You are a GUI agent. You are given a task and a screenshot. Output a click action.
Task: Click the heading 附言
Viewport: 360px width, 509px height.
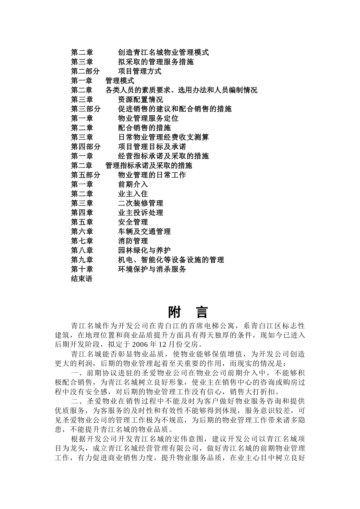click(188, 312)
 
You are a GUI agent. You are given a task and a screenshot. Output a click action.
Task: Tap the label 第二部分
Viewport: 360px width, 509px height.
click(86, 71)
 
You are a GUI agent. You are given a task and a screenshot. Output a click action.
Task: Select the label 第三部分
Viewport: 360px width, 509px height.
click(86, 109)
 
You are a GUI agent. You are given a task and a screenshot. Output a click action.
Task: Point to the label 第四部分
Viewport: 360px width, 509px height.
click(86, 147)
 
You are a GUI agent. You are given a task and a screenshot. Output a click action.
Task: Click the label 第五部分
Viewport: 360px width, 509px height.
click(86, 175)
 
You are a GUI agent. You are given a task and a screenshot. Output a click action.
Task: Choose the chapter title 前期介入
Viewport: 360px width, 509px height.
click(133, 184)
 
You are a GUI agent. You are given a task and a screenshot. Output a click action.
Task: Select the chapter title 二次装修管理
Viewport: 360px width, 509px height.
click(141, 203)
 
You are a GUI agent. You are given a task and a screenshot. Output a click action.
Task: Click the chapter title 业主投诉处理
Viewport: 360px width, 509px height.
click(141, 213)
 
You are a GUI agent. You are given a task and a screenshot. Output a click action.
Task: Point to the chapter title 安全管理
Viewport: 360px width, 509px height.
click(133, 222)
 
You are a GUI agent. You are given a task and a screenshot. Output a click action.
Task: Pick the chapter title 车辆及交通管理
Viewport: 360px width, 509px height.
click(144, 232)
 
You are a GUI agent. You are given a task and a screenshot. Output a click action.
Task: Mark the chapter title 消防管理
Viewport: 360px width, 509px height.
click(133, 241)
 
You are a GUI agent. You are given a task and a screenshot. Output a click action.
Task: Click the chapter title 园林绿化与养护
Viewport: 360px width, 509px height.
click(144, 250)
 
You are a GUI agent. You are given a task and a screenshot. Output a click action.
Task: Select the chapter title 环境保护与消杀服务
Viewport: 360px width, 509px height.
click(152, 269)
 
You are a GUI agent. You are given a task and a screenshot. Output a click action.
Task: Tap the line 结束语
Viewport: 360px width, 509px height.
click(82, 279)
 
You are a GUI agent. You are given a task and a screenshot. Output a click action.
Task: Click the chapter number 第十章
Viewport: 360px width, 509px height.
click(82, 269)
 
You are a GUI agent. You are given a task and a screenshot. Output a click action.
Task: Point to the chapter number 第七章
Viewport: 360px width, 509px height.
click(82, 241)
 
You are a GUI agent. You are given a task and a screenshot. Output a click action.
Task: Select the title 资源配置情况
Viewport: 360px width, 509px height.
click(141, 100)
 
